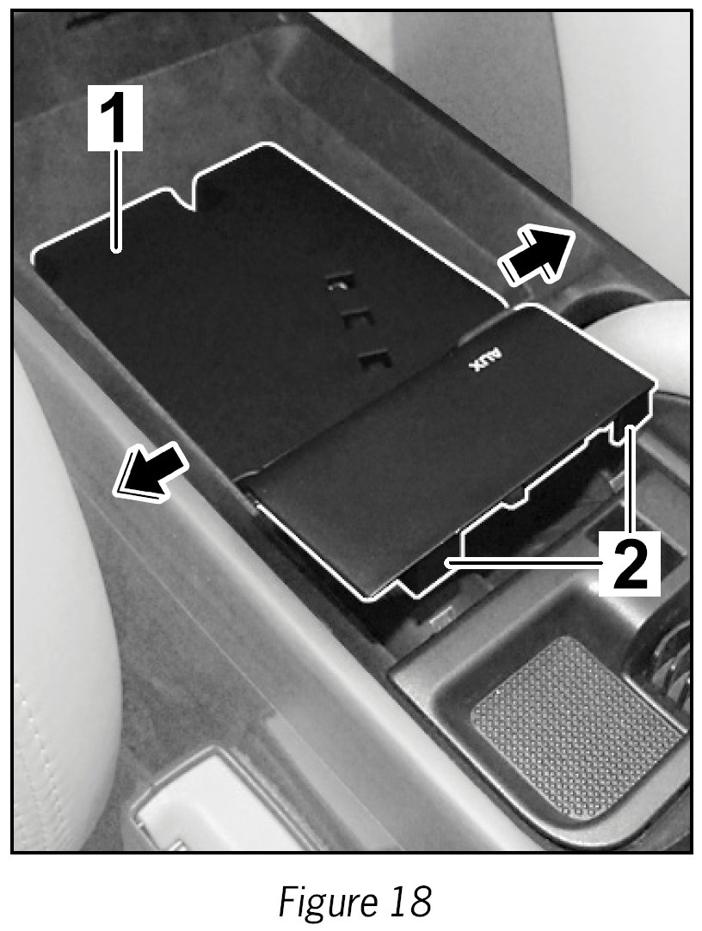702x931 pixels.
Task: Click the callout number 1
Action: pyautogui.click(x=115, y=117)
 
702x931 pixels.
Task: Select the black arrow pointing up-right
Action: pyautogui.click(x=536, y=256)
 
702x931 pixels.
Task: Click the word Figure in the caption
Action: pyautogui.click(x=325, y=900)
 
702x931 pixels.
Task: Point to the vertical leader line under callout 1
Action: pyautogui.click(x=116, y=200)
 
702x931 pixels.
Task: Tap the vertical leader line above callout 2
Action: pyautogui.click(x=631, y=481)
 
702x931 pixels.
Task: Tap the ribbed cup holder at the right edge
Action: pyautogui.click(x=667, y=665)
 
